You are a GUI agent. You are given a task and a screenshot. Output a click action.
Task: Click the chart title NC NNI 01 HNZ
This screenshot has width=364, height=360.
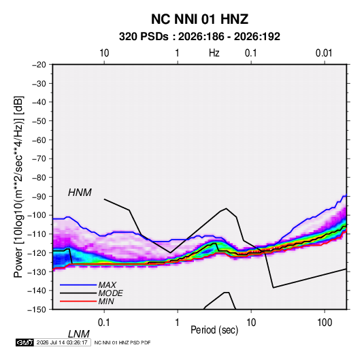point(199,19)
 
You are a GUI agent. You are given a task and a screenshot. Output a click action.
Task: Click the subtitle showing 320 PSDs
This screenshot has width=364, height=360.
point(199,37)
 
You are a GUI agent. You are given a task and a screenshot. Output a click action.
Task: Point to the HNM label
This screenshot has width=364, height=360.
point(80,193)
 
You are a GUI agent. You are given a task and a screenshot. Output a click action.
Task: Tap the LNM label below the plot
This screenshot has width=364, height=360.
point(78,334)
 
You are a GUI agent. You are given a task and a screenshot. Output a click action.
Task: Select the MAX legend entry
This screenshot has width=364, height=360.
point(107,285)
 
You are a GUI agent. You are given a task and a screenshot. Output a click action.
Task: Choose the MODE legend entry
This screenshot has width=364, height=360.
point(110,293)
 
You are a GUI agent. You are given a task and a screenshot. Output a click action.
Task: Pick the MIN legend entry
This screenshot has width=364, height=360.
point(106,301)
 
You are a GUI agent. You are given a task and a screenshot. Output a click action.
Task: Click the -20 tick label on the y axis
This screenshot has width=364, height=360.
point(39,65)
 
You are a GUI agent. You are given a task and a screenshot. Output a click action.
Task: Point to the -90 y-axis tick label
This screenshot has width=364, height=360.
point(39,197)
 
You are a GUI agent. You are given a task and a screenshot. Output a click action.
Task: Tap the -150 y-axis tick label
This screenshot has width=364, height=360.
point(37,310)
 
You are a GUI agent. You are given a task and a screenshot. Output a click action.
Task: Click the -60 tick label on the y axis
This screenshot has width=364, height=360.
point(39,140)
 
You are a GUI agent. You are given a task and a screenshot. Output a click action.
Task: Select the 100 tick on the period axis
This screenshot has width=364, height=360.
point(325,323)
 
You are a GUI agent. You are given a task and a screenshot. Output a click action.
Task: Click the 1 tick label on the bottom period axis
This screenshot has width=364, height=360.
point(178,323)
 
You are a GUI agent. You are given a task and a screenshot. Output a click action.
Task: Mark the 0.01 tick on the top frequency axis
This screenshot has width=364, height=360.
point(324,53)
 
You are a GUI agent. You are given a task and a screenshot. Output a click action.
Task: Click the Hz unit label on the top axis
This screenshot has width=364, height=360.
point(214,53)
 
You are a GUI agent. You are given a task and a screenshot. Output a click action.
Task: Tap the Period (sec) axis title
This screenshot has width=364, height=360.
point(214,330)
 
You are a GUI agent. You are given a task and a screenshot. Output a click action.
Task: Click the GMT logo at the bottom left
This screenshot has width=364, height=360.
point(25,342)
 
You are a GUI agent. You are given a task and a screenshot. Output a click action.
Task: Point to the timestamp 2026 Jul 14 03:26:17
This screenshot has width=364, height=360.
point(62,342)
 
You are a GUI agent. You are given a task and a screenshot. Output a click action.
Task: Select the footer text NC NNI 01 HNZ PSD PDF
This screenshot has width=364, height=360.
point(122,342)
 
